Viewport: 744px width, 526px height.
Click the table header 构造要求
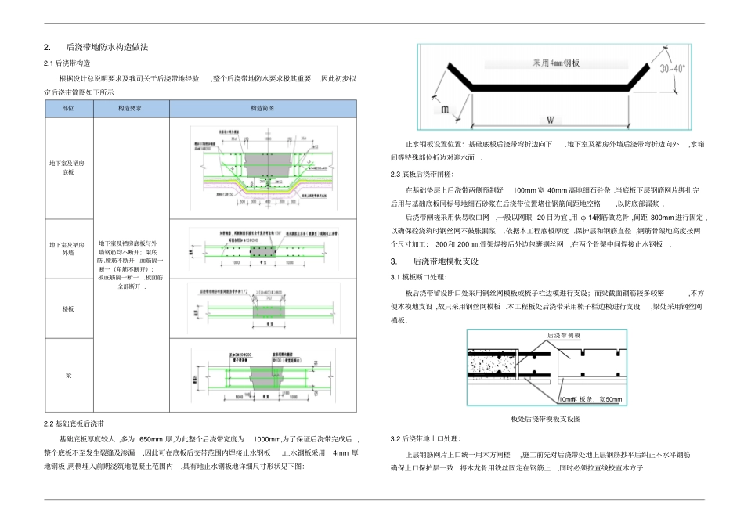(x=129, y=109)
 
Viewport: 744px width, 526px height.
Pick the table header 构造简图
(x=262, y=109)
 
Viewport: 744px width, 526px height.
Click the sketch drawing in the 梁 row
(x=262, y=376)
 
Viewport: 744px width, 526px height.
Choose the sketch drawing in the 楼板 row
(x=262, y=310)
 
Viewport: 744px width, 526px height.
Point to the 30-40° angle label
(x=672, y=69)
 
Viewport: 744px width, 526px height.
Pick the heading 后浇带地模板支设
(x=445, y=261)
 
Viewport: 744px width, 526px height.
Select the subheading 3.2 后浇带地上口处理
(x=425, y=438)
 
